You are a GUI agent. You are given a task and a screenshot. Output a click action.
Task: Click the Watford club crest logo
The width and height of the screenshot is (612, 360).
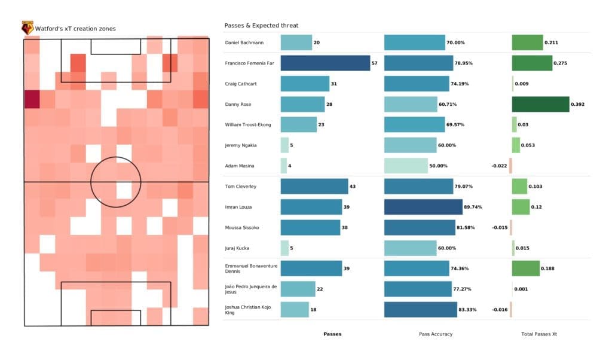[x=27, y=28]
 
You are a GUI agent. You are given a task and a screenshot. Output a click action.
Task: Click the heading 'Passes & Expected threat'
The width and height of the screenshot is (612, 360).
[x=261, y=26]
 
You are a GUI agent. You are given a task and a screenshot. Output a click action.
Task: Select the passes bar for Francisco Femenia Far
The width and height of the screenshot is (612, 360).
[x=325, y=63]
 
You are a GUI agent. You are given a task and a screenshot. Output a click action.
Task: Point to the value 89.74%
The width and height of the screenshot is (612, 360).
[x=475, y=207]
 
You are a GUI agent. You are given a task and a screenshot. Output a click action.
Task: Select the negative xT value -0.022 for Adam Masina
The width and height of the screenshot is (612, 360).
[x=499, y=166]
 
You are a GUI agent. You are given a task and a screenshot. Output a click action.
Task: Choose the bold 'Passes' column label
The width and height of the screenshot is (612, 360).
[x=332, y=334]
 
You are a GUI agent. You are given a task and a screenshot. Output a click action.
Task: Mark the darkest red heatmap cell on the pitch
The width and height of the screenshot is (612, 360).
[x=32, y=99]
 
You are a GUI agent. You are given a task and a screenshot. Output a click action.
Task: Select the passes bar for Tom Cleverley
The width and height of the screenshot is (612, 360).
[x=314, y=187]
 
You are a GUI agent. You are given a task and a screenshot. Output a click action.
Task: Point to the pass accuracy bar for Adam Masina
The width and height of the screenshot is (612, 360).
[x=406, y=166]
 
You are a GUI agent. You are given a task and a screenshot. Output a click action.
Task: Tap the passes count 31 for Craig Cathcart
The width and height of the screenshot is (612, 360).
[x=333, y=84]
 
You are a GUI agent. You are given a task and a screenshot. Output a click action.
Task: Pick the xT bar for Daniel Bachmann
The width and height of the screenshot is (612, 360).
[x=527, y=43]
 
